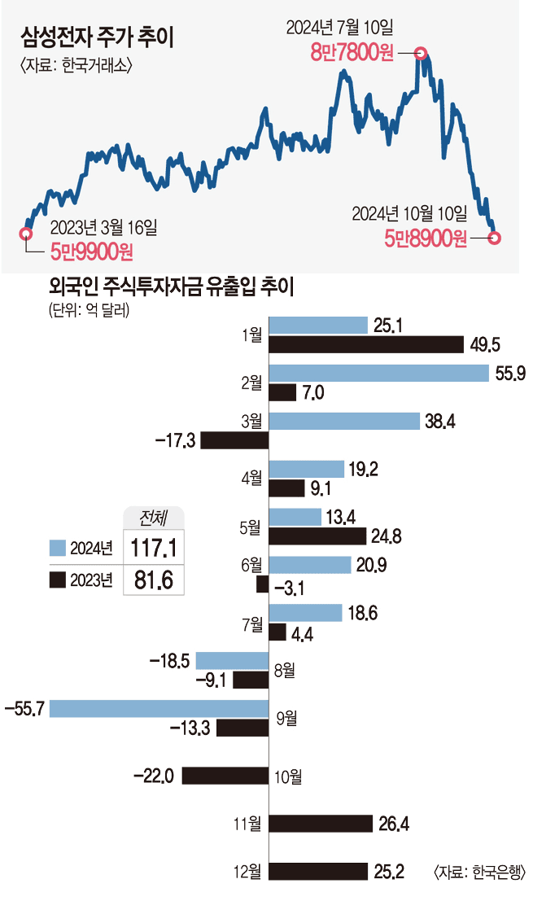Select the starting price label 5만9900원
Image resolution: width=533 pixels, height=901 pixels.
pyautogui.click(x=91, y=251)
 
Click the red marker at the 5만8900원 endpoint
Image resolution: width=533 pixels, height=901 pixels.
pyautogui.click(x=495, y=238)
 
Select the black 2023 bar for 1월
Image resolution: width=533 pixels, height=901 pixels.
pyautogui.click(x=366, y=346)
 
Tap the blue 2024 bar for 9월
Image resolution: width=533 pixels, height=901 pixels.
pyautogui.click(x=159, y=708)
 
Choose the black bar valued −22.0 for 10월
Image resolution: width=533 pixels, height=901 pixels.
pyautogui.click(x=225, y=776)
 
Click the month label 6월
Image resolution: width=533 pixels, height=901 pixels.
pyautogui.click(x=252, y=563)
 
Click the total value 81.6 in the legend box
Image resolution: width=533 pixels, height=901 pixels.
pyautogui.click(x=153, y=579)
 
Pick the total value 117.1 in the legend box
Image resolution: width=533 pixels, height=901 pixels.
pyautogui.click(x=153, y=547)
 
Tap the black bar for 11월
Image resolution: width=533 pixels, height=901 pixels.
pyautogui.click(x=321, y=824)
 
